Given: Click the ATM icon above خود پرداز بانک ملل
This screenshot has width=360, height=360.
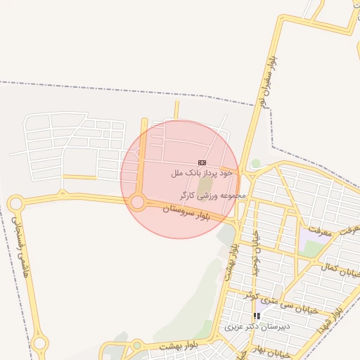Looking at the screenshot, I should [202, 162].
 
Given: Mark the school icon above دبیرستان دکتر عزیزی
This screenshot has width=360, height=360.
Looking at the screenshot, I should [257, 316].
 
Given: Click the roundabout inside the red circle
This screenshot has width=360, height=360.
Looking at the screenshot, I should [138, 203].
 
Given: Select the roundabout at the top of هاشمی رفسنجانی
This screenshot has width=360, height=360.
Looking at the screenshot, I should [15, 204].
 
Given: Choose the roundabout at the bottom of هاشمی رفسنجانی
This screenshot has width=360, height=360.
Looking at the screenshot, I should [40, 344].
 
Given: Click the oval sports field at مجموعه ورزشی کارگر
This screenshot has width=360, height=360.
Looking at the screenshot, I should [205, 185].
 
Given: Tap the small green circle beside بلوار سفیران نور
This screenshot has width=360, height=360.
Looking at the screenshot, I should [256, 163].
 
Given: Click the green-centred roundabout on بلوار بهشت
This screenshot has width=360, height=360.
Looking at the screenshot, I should [137, 345].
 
